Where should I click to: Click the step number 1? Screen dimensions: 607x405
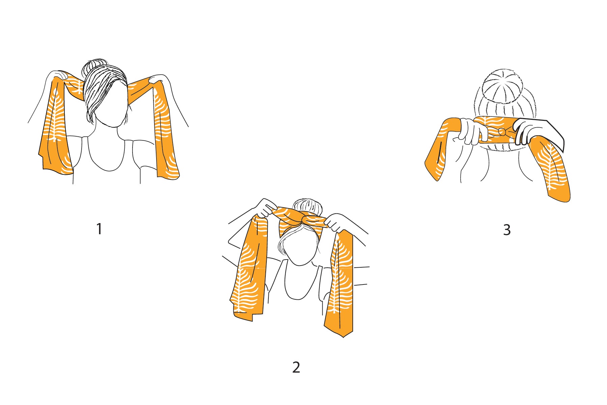(x=99, y=229)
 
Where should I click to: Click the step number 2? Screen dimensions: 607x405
(x=296, y=367)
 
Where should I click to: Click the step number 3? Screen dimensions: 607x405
(x=507, y=230)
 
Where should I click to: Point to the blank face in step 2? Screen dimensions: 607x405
(x=299, y=248)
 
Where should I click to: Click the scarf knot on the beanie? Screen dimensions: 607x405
(x=502, y=131)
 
